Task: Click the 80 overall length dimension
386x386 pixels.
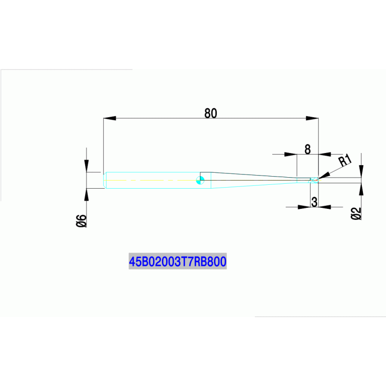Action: pos(211,113)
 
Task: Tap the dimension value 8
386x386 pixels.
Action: pos(307,149)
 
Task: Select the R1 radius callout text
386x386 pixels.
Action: pos(345,160)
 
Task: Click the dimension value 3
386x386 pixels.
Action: pos(315,202)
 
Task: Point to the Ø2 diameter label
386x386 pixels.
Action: pos(356,213)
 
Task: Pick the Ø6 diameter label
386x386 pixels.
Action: pos(82,220)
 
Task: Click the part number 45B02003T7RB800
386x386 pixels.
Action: pos(178,261)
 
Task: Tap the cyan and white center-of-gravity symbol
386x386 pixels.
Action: pos(200,180)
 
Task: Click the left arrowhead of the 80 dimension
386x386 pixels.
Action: pos(110,118)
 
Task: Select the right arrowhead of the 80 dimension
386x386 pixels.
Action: pos(312,118)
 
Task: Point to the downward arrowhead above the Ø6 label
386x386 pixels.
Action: pos(87,166)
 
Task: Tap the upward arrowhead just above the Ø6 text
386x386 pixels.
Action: pos(87,195)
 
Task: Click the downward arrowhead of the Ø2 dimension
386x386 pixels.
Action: pos(361,171)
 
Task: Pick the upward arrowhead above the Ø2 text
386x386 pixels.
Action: pos(361,189)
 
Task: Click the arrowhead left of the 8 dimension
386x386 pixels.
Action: pos(291,155)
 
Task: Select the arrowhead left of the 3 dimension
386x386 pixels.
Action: pos(304,207)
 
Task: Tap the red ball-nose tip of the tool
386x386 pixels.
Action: pos(316,180)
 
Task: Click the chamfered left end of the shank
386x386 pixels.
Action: pos(105,180)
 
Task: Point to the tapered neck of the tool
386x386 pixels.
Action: pos(254,180)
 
